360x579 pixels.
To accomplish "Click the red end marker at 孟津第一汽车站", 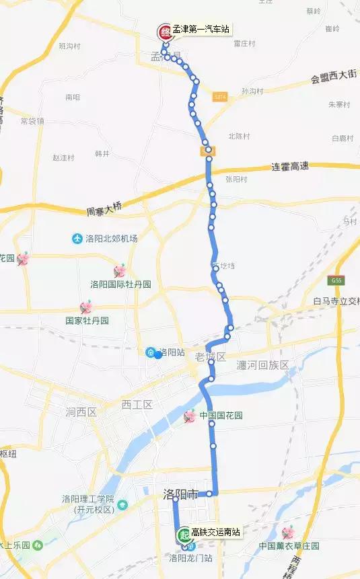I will [x=164, y=32].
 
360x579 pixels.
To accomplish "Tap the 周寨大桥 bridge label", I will [x=104, y=211].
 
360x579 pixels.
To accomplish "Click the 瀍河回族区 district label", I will [x=262, y=365].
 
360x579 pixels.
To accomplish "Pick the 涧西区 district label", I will [x=82, y=411].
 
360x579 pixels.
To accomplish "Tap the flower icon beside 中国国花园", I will [x=190, y=417].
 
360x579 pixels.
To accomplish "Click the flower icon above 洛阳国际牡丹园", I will [x=120, y=271].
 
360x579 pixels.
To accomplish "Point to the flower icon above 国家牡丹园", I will [x=86, y=308].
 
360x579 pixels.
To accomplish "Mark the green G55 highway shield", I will [x=337, y=280].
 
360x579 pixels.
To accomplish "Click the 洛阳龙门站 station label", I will [x=194, y=557].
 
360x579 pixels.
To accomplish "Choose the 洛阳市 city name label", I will [x=180, y=494].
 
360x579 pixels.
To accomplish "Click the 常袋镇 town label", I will [x=32, y=121].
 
